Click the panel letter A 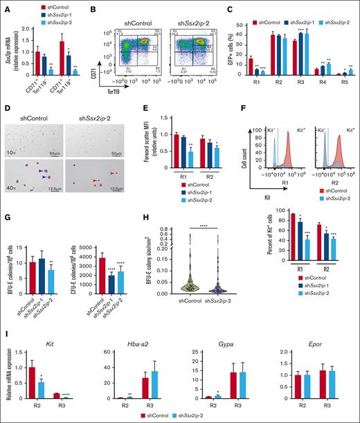click(6, 6)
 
